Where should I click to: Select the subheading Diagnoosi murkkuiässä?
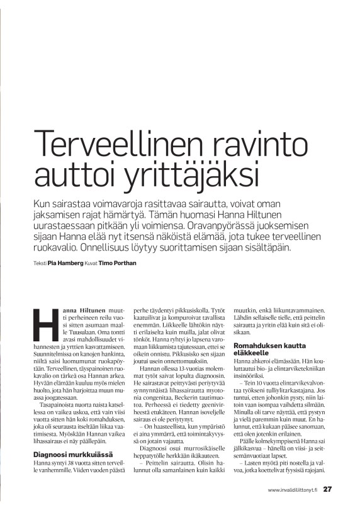click(69, 453)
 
